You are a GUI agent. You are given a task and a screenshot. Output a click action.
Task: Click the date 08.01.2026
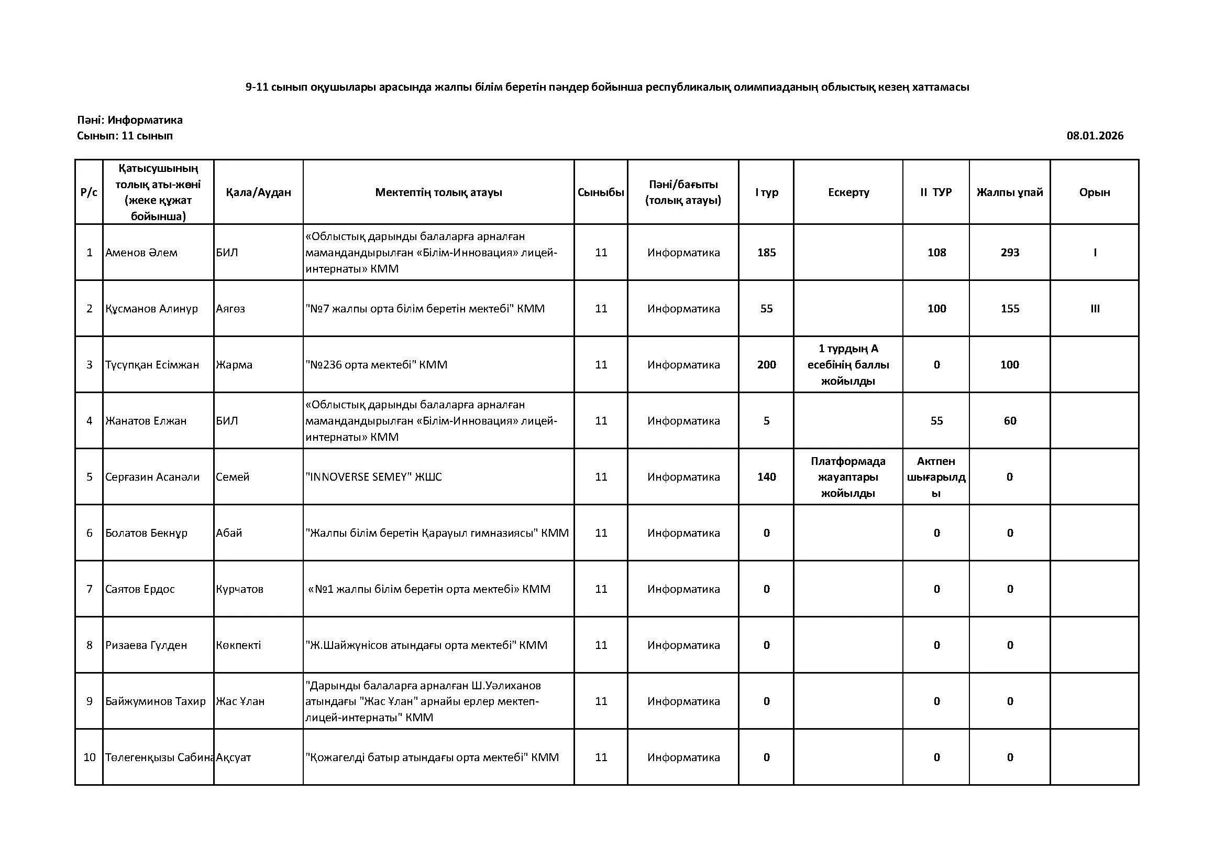(1095, 136)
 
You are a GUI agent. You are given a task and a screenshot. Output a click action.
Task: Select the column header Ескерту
(848, 192)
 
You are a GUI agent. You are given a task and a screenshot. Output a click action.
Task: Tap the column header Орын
(1094, 192)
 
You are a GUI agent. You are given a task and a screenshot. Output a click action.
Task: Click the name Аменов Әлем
(141, 253)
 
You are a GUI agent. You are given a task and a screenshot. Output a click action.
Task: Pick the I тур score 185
(766, 253)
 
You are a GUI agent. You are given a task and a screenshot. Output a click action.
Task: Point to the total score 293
(1009, 253)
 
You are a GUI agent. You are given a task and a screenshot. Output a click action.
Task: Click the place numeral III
(1095, 309)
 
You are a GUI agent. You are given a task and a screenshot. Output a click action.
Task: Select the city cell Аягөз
(230, 309)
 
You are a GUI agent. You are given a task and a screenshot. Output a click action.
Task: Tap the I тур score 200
(766, 365)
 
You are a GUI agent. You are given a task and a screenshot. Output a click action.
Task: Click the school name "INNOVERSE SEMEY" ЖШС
(373, 476)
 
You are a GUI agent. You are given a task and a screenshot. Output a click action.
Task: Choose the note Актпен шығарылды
(936, 476)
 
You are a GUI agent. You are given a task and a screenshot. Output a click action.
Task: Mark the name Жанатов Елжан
(146, 421)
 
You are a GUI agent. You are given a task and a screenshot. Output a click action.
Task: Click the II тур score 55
(936, 421)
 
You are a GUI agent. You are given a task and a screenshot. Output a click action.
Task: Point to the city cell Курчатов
(239, 589)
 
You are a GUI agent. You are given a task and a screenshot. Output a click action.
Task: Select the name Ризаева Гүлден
(146, 645)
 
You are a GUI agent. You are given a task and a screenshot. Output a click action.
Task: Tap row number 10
(89, 757)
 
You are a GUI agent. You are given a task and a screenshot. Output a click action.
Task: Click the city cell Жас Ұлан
(240, 701)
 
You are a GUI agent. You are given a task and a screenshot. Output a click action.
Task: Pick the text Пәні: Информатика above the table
(130, 120)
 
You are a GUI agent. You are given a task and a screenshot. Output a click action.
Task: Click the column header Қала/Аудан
(258, 192)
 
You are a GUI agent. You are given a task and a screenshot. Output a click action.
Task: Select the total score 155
(1009, 309)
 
